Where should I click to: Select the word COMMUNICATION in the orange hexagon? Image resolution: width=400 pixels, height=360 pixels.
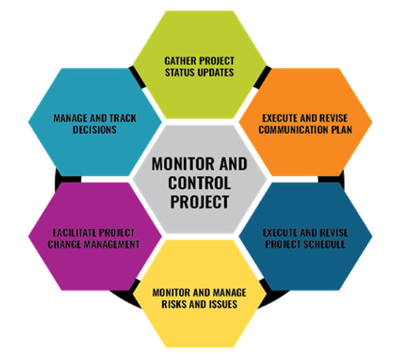point(293,130)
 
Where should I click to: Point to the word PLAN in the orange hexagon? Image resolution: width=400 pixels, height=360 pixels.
point(341,130)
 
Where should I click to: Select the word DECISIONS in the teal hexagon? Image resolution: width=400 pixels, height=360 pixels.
point(95,130)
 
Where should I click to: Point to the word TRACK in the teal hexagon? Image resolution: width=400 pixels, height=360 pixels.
point(123,118)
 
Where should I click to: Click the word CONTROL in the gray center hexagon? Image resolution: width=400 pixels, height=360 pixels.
point(199,183)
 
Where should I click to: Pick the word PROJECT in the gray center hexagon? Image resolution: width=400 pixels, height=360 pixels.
point(199,202)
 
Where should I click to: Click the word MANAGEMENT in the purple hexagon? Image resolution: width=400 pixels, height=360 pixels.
point(112,244)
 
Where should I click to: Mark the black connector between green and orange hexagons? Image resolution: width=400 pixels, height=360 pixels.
point(262,77)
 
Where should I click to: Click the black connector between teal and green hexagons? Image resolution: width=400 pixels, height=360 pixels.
point(137,77)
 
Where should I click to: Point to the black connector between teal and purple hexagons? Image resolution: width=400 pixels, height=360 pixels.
point(67,179)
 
